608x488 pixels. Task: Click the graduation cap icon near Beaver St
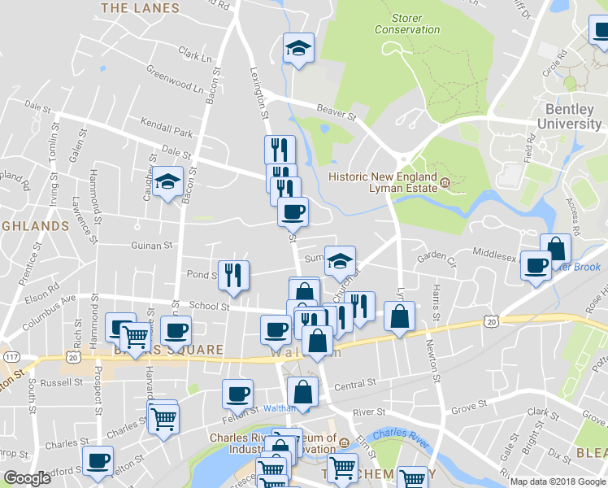298,50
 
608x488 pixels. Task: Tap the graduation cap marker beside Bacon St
167,183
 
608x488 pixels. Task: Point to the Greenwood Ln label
174,85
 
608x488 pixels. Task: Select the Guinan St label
152,245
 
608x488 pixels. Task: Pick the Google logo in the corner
28,478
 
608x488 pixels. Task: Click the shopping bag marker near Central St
303,391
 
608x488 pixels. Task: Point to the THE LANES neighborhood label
139,8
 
